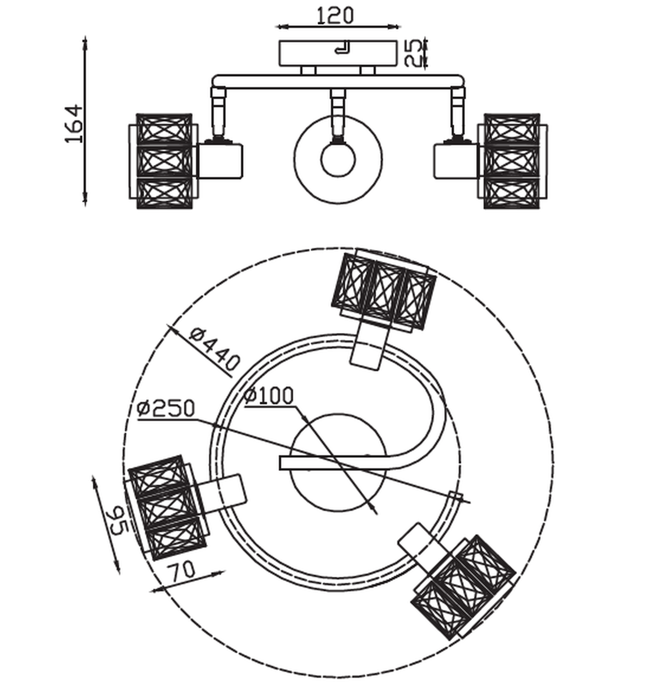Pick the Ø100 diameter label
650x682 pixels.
[269, 395]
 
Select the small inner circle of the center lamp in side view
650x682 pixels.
[338, 159]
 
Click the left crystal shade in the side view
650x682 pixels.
[164, 161]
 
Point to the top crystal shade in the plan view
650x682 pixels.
[383, 291]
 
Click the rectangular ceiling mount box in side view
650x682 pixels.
[338, 53]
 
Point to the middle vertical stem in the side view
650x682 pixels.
[338, 113]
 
